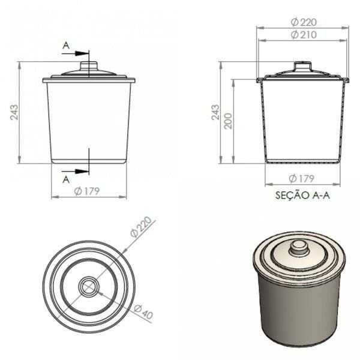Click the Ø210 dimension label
pyautogui.click(x=304, y=35)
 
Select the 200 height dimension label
pyautogui.click(x=229, y=121)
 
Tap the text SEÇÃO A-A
pyautogui.click(x=302, y=195)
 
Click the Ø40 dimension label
pyautogui.click(x=143, y=312)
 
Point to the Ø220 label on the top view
pyautogui.click(x=141, y=227)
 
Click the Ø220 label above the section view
pyautogui.click(x=304, y=22)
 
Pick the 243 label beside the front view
pyautogui.click(x=14, y=112)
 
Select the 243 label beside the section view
pyautogui.click(x=215, y=112)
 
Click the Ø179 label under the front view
pyautogui.click(x=87, y=191)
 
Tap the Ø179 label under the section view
pyautogui.click(x=301, y=178)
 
